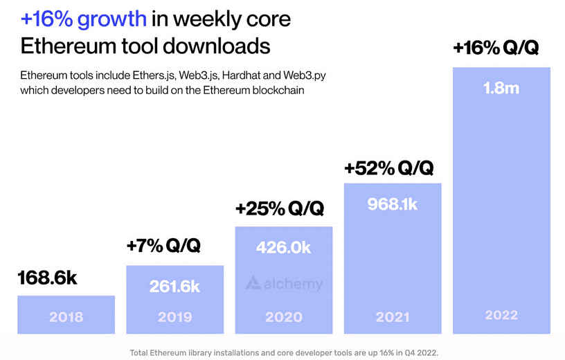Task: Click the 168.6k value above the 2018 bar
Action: click(x=47, y=278)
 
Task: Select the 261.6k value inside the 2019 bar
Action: click(x=174, y=286)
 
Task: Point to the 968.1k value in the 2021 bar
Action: click(x=393, y=204)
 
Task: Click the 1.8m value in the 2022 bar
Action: click(x=501, y=89)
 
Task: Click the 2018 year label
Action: click(x=66, y=317)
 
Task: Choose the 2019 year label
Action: click(x=174, y=317)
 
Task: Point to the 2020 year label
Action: click(x=284, y=317)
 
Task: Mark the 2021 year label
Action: click(x=393, y=317)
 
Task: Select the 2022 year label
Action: click(x=501, y=315)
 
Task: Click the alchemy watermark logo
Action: click(x=285, y=283)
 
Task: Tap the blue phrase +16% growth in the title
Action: click(x=84, y=20)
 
